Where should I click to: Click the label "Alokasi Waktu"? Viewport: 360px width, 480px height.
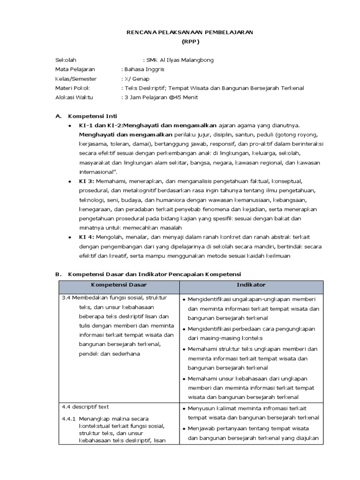tap(74, 97)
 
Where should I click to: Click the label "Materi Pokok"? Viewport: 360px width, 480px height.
tap(72, 88)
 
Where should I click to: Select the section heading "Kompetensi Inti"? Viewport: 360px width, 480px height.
tap(93, 116)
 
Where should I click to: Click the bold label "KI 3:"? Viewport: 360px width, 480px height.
tap(86, 180)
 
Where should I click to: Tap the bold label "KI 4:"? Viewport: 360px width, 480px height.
tap(86, 237)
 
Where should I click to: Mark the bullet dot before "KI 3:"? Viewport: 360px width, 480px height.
tap(70, 181)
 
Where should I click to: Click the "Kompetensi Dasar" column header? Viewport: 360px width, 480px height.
tap(119, 285)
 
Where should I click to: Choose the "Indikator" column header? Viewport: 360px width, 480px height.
tap(251, 285)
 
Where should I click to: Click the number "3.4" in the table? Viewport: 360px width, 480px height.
tap(66, 298)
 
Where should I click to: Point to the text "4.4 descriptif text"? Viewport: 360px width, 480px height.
tap(85, 407)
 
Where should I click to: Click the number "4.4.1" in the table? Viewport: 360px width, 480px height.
tap(69, 418)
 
